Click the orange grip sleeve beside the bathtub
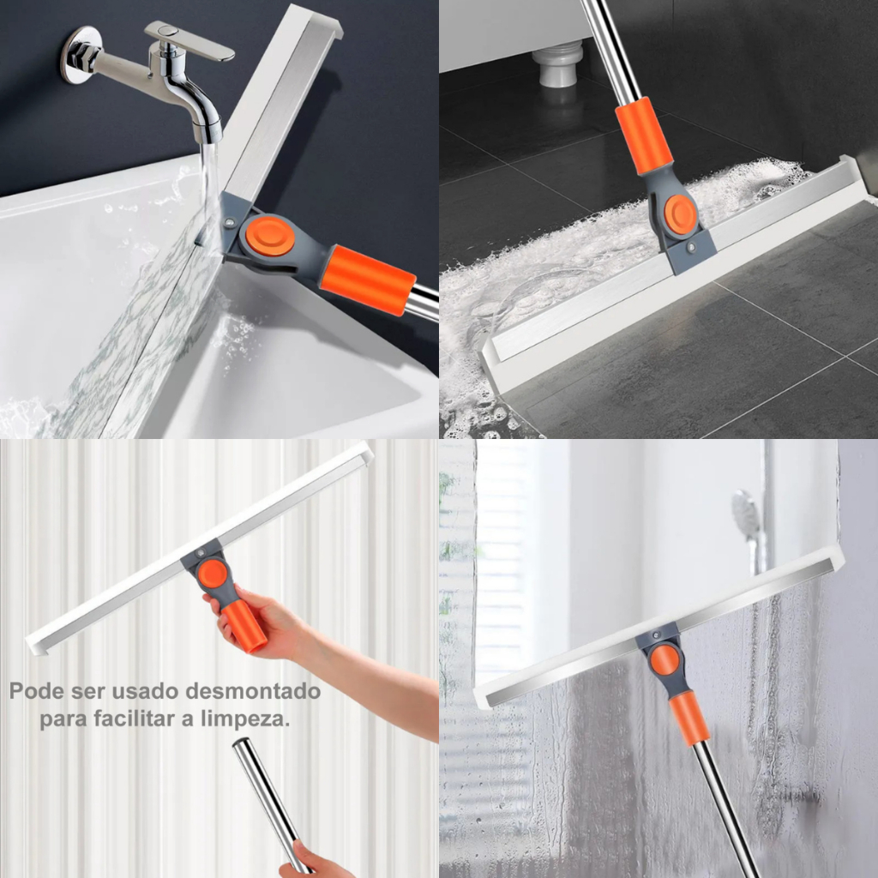[367, 280]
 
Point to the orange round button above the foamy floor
[680, 214]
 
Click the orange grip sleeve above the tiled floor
[643, 135]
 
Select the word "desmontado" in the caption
[253, 691]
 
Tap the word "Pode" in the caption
[36, 691]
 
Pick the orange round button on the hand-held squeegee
[213, 573]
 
